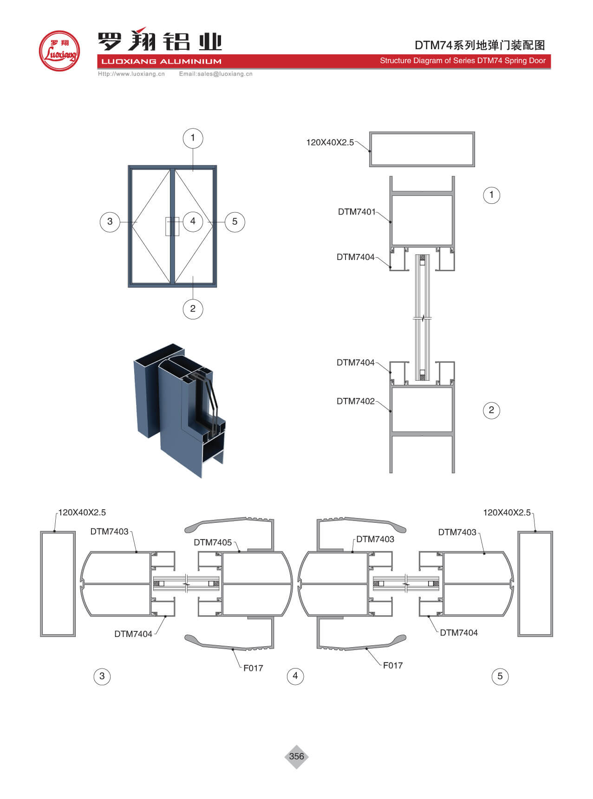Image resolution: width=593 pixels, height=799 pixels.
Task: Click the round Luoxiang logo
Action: click(x=59, y=51)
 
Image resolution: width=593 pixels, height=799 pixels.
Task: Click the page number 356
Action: click(x=296, y=756)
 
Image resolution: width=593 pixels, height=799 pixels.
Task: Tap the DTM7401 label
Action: click(x=357, y=212)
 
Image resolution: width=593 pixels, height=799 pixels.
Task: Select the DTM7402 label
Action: click(x=355, y=401)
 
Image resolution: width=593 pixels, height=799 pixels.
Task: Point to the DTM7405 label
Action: click(x=213, y=542)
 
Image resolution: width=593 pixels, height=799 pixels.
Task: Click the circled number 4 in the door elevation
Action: click(x=193, y=221)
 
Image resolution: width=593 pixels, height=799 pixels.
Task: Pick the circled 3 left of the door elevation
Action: click(x=110, y=221)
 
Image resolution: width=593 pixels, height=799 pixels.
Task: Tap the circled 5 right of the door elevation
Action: click(x=235, y=221)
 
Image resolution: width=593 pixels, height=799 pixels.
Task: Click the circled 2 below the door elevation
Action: click(x=193, y=309)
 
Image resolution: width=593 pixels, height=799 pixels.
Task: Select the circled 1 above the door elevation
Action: click(x=193, y=138)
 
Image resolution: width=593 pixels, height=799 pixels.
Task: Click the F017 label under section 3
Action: click(x=253, y=668)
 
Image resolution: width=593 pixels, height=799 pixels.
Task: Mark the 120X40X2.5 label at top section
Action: click(x=330, y=143)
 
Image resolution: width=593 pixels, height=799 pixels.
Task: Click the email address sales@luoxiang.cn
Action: click(x=216, y=74)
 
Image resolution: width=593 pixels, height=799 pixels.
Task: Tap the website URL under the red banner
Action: click(x=131, y=74)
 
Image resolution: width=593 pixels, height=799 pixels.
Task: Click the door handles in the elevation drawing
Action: click(x=172, y=226)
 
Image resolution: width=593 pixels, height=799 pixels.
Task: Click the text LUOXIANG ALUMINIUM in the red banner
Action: click(x=161, y=61)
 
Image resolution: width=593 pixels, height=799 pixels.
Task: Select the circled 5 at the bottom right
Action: click(x=500, y=676)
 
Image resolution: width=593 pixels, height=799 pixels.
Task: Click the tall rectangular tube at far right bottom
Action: click(x=535, y=584)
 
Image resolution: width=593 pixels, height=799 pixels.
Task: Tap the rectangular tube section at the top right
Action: click(x=422, y=149)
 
